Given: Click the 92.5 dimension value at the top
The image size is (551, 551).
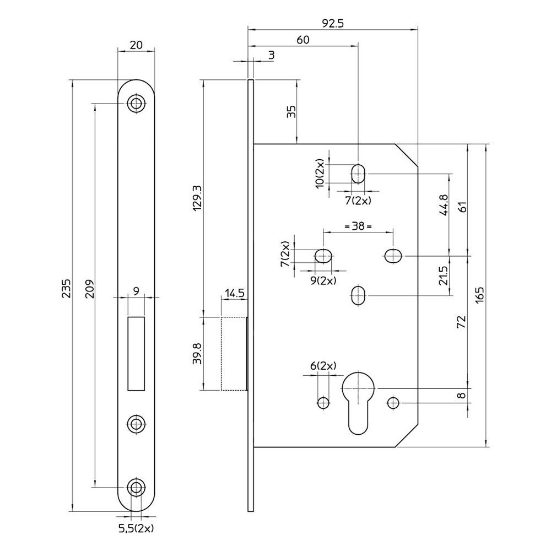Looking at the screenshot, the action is pyautogui.click(x=332, y=24).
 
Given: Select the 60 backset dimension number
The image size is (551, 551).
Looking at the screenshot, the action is pyautogui.click(x=303, y=40).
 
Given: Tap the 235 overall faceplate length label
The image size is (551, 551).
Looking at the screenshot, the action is pyautogui.click(x=67, y=289).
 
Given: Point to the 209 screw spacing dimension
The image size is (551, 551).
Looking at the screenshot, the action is pyautogui.click(x=89, y=289).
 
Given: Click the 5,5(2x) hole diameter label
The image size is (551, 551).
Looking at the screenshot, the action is pyautogui.click(x=136, y=528).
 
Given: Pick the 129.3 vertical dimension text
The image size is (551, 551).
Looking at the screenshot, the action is pyautogui.click(x=197, y=198).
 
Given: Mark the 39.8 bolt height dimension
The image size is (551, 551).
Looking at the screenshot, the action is pyautogui.click(x=197, y=354).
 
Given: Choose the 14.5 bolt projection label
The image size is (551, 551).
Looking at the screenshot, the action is pyautogui.click(x=234, y=293).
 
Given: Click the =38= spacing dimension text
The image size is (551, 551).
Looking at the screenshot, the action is pyautogui.click(x=358, y=226).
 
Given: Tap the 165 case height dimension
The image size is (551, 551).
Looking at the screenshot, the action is pyautogui.click(x=480, y=295).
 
